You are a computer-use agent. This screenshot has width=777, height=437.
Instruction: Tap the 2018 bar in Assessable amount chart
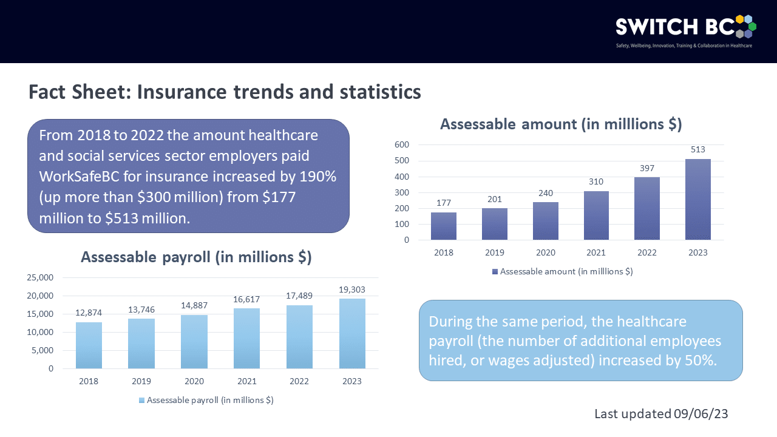(x=443, y=226)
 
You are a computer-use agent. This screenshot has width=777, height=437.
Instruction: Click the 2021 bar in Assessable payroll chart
(x=246, y=338)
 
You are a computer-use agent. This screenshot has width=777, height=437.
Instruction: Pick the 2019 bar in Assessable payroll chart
(x=141, y=344)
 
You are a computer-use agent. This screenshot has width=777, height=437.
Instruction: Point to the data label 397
(x=647, y=168)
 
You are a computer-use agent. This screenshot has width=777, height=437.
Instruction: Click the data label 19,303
(x=352, y=290)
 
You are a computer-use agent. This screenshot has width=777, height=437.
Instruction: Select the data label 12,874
(x=89, y=313)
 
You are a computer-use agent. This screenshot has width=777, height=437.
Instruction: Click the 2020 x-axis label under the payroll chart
(x=194, y=381)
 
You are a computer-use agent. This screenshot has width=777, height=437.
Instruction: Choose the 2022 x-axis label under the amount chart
(x=647, y=252)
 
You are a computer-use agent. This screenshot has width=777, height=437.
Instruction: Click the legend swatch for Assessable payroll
(x=142, y=400)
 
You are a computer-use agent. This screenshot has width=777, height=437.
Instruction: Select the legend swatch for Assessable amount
(x=495, y=271)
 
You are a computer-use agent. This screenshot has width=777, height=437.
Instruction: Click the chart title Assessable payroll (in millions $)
(x=196, y=257)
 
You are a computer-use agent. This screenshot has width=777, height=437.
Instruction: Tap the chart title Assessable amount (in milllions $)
(x=560, y=124)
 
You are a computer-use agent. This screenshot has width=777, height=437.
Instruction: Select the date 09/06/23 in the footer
(x=701, y=414)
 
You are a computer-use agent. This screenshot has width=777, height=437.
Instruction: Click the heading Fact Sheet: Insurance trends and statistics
(x=225, y=92)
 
